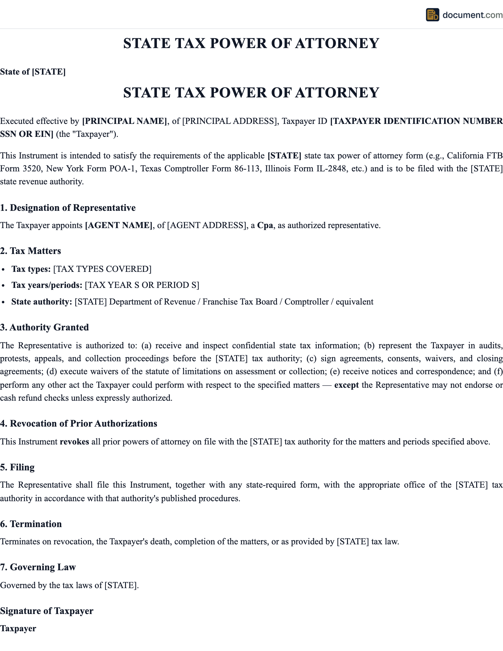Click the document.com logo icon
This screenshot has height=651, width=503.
tap(432, 15)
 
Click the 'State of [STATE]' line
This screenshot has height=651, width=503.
tap(33, 72)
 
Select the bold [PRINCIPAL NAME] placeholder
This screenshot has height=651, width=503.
tap(125, 121)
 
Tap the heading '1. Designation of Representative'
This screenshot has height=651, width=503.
tap(68, 208)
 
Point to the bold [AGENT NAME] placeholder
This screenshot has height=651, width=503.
tap(119, 225)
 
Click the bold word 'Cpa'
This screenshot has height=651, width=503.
tap(265, 225)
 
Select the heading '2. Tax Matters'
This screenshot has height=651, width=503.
tap(31, 251)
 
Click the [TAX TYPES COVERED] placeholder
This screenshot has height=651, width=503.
tap(102, 269)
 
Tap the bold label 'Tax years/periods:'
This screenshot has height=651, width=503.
tap(47, 285)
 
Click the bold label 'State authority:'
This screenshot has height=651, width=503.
tap(42, 302)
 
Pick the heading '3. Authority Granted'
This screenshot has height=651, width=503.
tap(44, 327)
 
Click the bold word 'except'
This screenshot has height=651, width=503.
tap(346, 385)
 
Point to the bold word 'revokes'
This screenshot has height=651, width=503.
tap(74, 442)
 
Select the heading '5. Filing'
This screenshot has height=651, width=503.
tap(17, 467)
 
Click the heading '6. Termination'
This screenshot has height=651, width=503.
tap(31, 524)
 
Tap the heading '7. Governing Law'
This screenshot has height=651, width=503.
tap(38, 567)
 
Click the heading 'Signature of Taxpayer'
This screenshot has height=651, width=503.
tap(47, 611)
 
